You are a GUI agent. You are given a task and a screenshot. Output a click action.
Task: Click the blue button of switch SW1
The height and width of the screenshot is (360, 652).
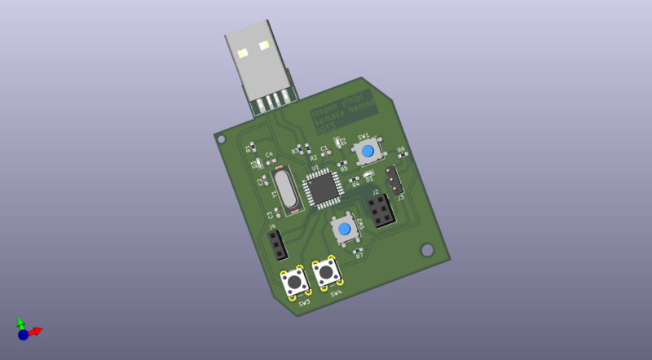(x=368, y=151)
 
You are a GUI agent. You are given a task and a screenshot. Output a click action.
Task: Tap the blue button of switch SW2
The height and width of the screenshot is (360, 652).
(x=346, y=229)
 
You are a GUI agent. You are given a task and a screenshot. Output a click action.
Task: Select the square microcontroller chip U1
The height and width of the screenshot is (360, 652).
(x=323, y=189)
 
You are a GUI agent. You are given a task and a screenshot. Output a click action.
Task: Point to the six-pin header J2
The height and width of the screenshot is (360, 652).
(x=379, y=211)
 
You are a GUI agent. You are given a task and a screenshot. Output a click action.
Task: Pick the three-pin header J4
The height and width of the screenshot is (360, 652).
(x=275, y=243)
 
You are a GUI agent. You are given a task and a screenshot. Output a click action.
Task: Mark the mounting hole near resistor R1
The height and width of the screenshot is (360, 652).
(x=220, y=139)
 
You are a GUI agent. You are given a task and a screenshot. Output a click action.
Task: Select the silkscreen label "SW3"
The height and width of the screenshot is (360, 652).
(x=304, y=303)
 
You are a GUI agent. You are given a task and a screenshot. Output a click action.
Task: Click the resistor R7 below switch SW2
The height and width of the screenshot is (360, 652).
(x=357, y=250)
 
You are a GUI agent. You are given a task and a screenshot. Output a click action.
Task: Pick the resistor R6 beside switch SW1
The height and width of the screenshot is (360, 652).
(x=401, y=158)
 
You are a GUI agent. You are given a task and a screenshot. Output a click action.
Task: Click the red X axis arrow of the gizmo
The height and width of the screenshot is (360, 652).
(x=36, y=330)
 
